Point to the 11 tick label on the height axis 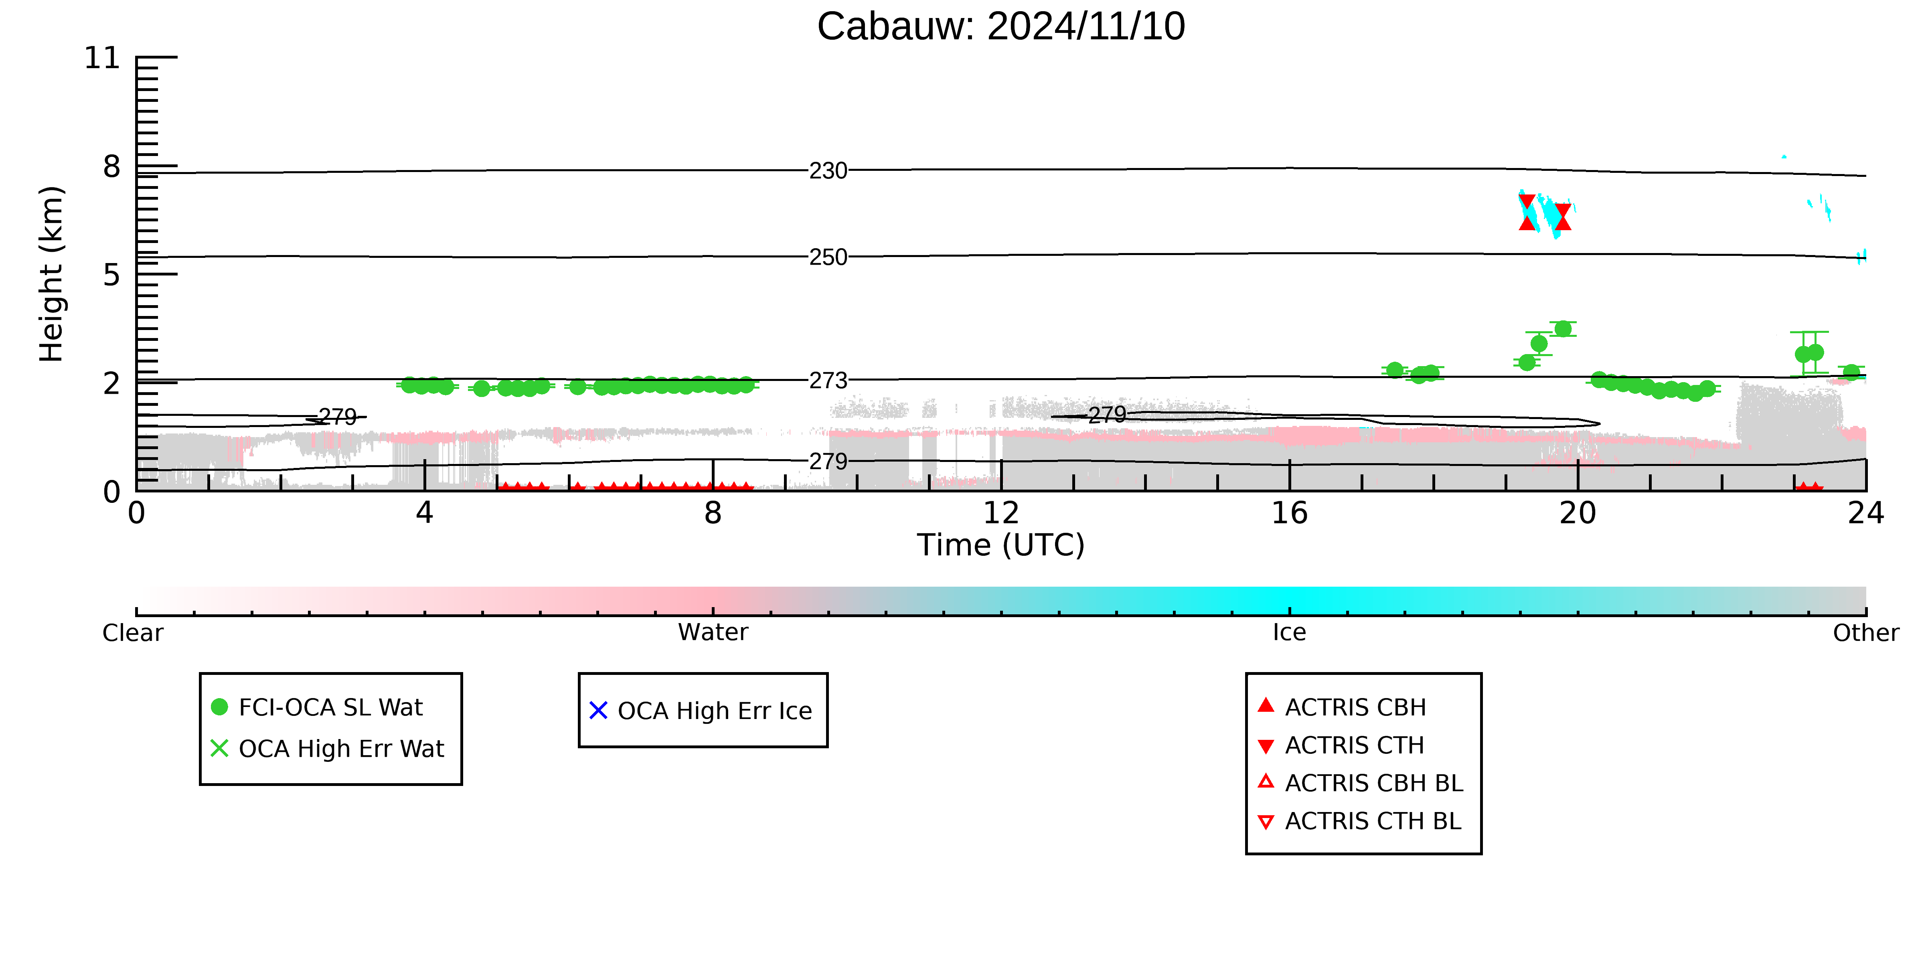(101, 58)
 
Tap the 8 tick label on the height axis (111, 166)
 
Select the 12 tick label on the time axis (1001, 513)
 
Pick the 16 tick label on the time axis (1289, 513)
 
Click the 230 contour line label (828, 171)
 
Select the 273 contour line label (828, 381)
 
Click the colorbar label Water (713, 633)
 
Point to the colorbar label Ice (1289, 633)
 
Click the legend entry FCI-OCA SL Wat (330, 707)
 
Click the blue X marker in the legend (598, 710)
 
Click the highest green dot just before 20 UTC (1563, 329)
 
